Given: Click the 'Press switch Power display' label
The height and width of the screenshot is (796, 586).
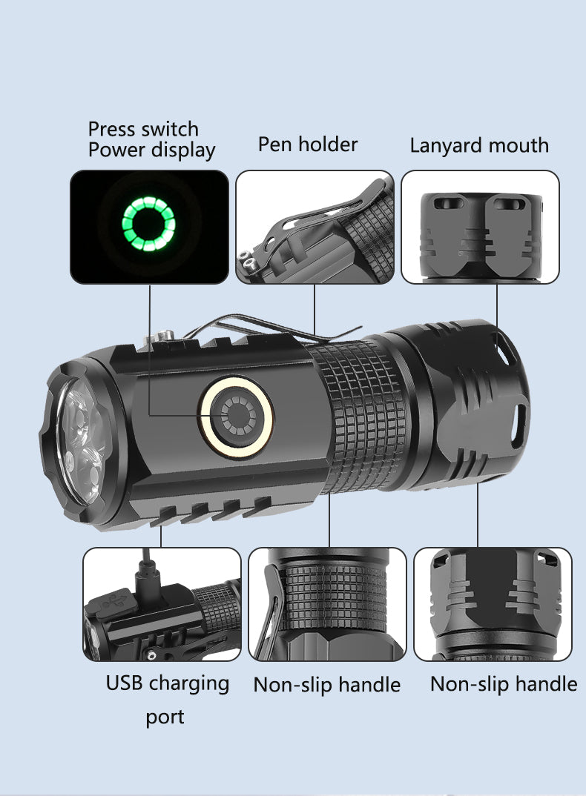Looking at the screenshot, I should (151, 139).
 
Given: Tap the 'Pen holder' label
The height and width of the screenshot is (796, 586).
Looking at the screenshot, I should (307, 144).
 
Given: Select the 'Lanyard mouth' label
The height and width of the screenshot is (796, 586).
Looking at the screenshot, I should (479, 145).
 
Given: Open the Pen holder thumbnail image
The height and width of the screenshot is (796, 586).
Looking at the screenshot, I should (315, 227).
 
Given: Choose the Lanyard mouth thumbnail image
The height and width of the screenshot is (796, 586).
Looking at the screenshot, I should (480, 227).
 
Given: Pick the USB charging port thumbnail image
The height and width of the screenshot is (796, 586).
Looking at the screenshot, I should (162, 604).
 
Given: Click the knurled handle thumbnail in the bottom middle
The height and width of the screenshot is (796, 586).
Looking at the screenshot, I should (327, 604).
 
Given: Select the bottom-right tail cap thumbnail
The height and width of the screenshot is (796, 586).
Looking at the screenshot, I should (493, 604).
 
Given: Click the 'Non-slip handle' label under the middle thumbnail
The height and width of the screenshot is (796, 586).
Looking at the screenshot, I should (327, 684).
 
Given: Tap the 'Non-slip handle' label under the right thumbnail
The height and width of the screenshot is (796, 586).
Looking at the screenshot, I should (504, 683).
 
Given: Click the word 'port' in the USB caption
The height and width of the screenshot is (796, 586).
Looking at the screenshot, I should (165, 717).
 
